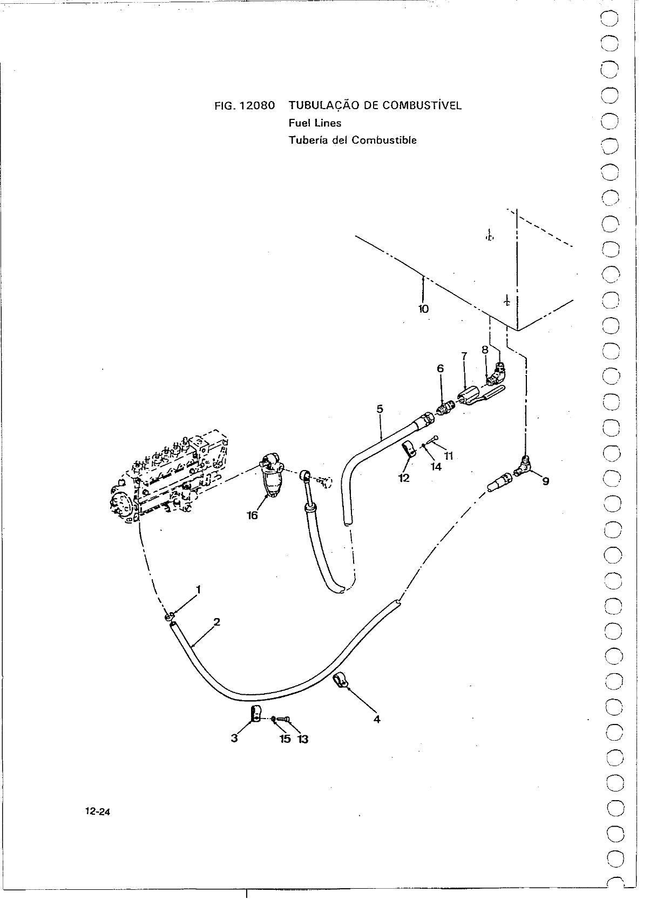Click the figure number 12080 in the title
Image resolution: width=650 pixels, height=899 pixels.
pyautogui.click(x=256, y=106)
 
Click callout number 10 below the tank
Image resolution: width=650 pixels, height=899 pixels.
pyautogui.click(x=423, y=308)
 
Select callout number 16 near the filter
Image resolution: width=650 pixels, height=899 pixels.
pyautogui.click(x=252, y=515)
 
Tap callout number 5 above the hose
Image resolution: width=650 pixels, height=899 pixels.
pyautogui.click(x=380, y=409)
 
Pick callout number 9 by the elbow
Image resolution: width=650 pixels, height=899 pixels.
pyautogui.click(x=546, y=481)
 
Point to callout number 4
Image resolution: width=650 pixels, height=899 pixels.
pyautogui.click(x=376, y=720)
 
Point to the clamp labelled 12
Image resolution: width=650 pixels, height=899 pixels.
pyautogui.click(x=408, y=449)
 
